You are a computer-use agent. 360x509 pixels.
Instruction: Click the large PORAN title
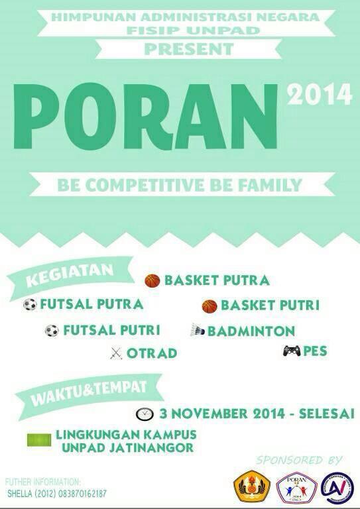145,118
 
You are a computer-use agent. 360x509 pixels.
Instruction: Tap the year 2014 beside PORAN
319,95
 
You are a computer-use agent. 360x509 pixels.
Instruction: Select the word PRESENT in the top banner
189,49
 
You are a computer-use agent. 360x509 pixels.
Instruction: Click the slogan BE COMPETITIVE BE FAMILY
180,185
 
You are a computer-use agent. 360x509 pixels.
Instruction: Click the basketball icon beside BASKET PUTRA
152,281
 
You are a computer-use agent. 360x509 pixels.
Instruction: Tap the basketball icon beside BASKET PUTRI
210,306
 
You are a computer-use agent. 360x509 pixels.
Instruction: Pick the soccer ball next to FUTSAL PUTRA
30,305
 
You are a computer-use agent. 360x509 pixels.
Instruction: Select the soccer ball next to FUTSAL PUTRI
52,330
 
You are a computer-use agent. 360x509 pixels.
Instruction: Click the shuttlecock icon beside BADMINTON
198,330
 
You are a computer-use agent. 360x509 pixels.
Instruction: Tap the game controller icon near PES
291,351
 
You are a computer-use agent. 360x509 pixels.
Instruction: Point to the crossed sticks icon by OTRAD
116,354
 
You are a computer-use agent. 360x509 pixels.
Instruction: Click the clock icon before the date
144,414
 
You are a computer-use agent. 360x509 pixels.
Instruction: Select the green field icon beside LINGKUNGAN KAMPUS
39,439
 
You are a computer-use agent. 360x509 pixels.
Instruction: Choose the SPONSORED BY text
299,460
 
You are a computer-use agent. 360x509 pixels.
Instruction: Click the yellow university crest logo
252,487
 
